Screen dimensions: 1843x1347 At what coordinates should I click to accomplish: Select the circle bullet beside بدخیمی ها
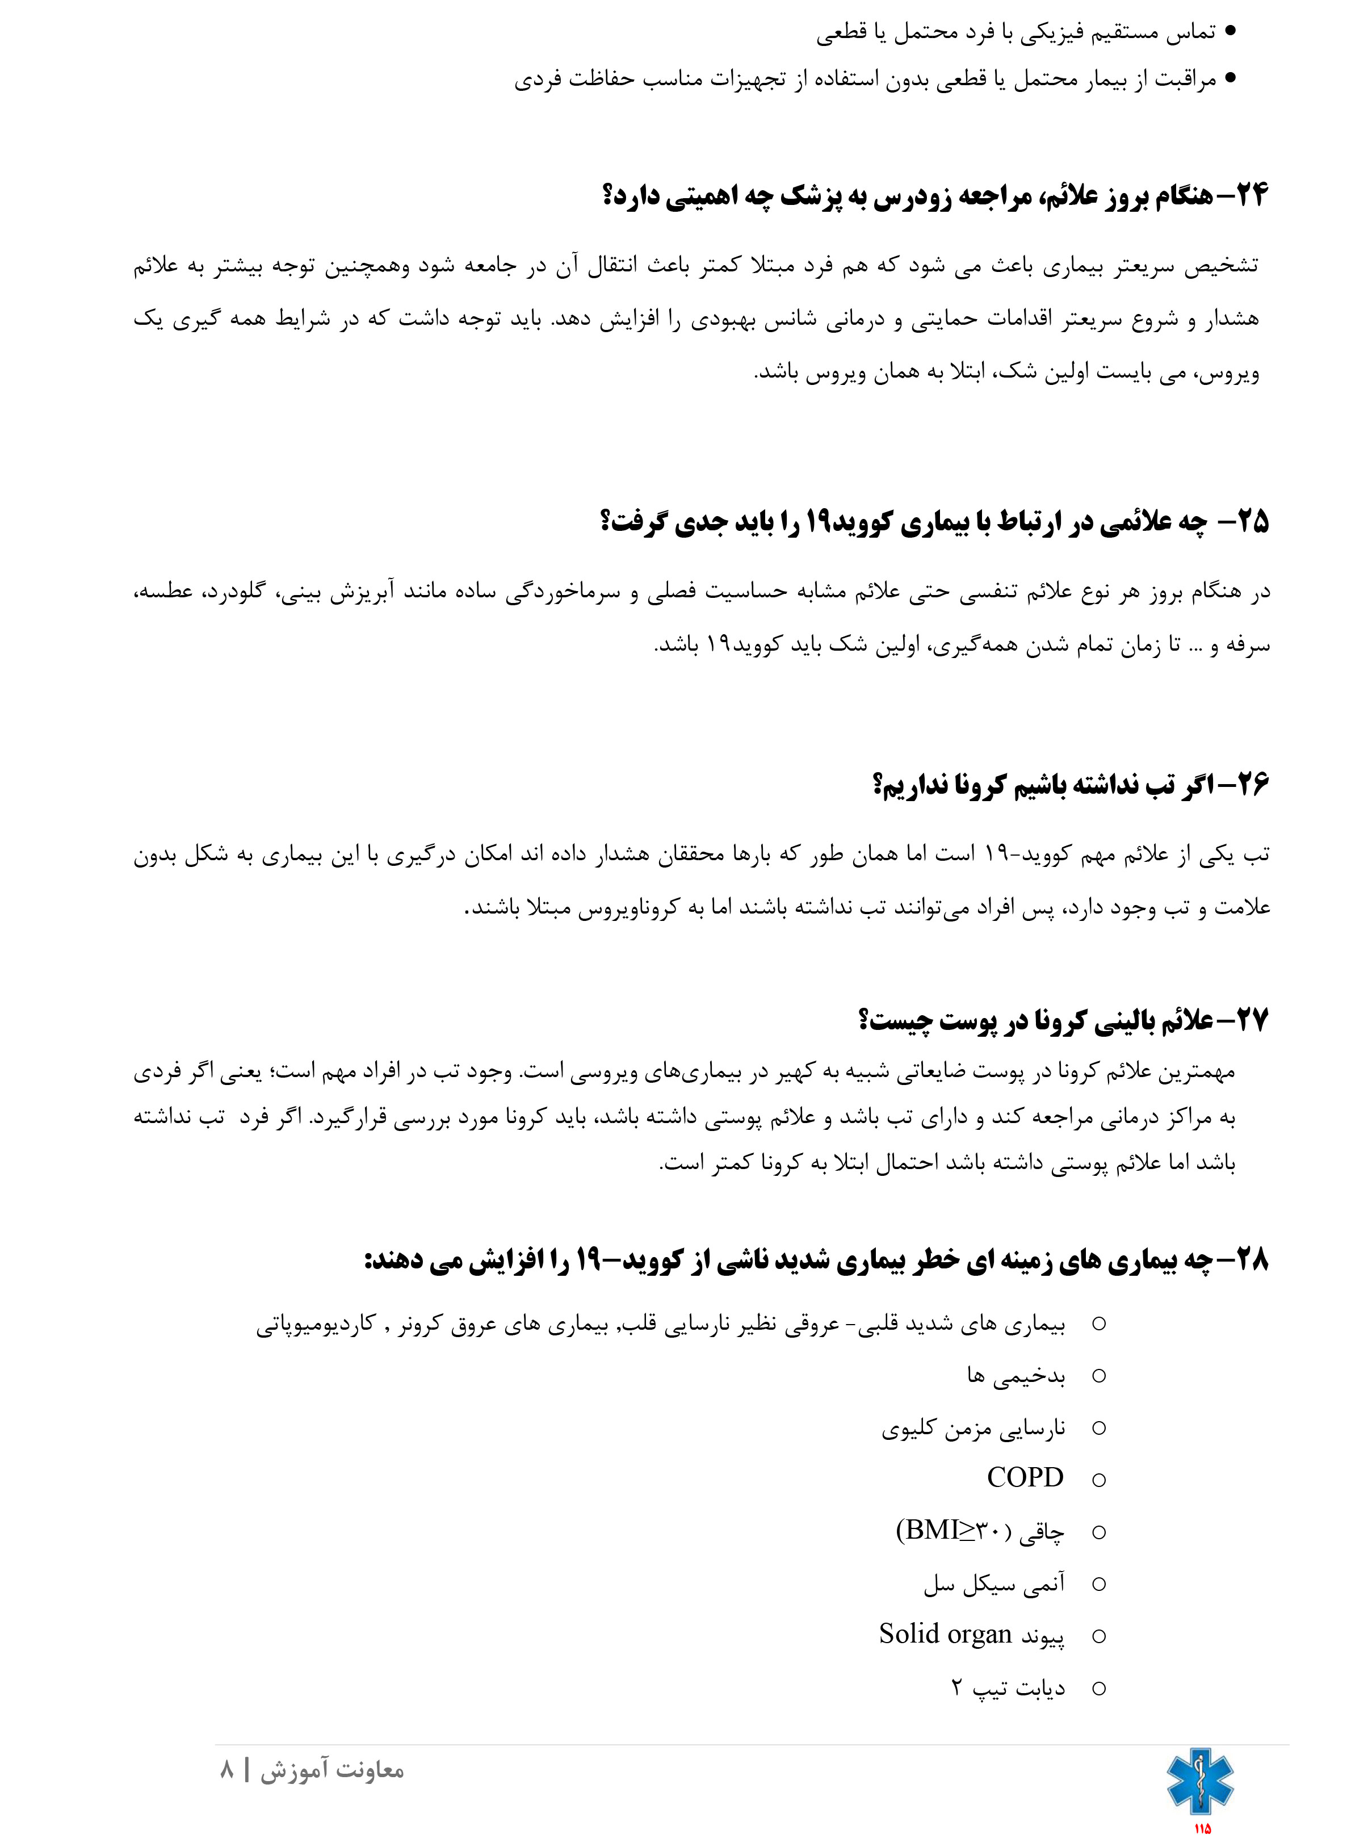pos(1098,1376)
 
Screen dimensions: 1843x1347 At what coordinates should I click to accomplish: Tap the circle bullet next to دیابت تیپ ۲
pos(1098,1688)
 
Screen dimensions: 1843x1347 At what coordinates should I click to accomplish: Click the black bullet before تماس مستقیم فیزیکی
pos(1231,32)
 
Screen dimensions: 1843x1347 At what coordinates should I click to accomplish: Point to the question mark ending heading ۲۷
pos(865,1020)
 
